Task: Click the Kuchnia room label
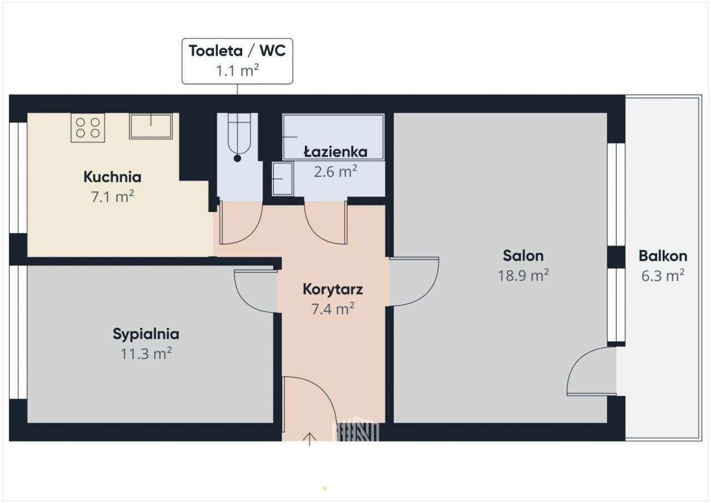click(112, 177)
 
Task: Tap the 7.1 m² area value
click(112, 197)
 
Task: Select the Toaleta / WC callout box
click(237, 61)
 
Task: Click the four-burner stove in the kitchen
click(88, 128)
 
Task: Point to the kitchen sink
click(151, 126)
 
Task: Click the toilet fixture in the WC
click(238, 136)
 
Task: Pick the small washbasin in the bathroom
click(283, 178)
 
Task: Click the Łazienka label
click(336, 151)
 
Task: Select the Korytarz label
click(333, 290)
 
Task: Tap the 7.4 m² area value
click(333, 309)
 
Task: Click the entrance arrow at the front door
click(309, 439)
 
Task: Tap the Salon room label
click(523, 256)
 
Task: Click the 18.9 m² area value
click(523, 275)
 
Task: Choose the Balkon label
click(663, 256)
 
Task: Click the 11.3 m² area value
click(146, 353)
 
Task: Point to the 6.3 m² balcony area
click(663, 275)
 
